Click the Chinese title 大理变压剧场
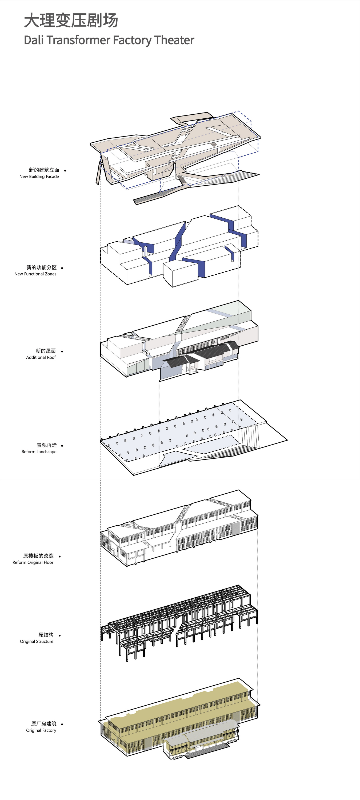coord(71,21)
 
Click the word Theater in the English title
coord(174,40)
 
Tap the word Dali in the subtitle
coord(34,40)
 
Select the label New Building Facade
coord(39,176)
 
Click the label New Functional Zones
coord(35,274)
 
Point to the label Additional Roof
coord(41,357)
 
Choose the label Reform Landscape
coord(39,451)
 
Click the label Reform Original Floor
coord(33,562)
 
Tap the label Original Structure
coord(37,641)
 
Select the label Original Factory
coord(41,730)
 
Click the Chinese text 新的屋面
coord(46,351)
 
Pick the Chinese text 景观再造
coord(47,445)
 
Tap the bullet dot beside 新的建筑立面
coord(65,170)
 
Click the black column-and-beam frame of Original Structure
coord(180,618)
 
